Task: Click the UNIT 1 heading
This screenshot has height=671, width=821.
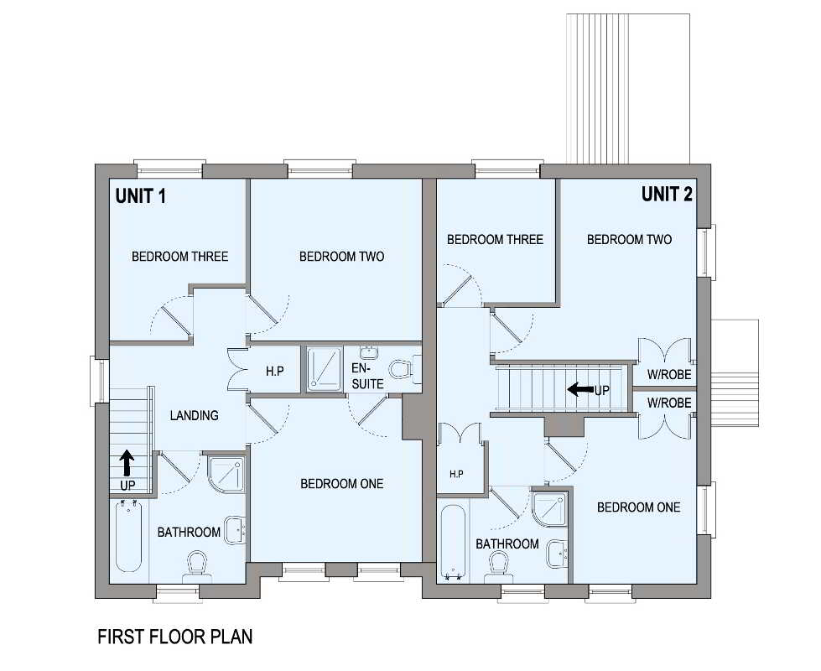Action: [x=141, y=196]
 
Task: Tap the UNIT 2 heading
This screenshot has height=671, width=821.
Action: [x=667, y=195]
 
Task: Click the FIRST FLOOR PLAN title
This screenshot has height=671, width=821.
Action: [x=175, y=637]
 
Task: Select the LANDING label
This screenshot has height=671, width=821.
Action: [x=195, y=415]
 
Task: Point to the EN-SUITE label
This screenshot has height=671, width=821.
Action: [x=367, y=376]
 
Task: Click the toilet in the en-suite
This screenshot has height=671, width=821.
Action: [x=403, y=368]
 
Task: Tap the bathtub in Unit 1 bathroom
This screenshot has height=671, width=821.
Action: [x=128, y=535]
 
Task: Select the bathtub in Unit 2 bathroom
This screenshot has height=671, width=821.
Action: [x=454, y=543]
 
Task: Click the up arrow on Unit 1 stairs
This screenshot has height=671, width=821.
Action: [x=127, y=463]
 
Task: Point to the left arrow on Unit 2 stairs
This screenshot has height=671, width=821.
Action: [x=580, y=389]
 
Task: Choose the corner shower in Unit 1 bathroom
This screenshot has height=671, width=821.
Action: [x=226, y=474]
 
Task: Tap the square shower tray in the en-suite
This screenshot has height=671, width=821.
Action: [x=325, y=369]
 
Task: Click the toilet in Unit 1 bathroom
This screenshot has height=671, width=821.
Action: [x=197, y=567]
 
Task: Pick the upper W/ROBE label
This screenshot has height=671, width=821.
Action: [x=669, y=375]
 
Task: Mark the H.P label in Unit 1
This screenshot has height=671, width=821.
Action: [x=275, y=372]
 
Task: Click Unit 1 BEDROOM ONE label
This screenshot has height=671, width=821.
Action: [x=342, y=483]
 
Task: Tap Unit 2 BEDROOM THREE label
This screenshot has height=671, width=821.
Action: [x=496, y=239]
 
